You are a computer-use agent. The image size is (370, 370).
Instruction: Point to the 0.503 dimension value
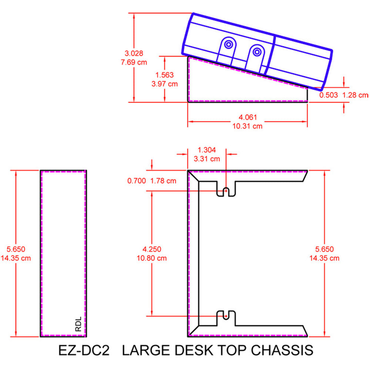point(329,95)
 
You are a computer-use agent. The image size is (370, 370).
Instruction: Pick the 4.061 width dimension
point(248,117)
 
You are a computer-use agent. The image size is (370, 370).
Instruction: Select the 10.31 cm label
point(248,126)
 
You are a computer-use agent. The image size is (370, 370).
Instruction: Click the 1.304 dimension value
point(207,150)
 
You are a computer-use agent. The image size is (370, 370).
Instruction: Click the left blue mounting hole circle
point(228,45)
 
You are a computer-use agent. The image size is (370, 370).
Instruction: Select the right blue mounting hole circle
point(256,51)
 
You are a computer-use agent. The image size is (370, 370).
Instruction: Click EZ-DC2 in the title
point(84,350)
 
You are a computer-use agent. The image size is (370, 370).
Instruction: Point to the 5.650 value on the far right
point(324,249)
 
